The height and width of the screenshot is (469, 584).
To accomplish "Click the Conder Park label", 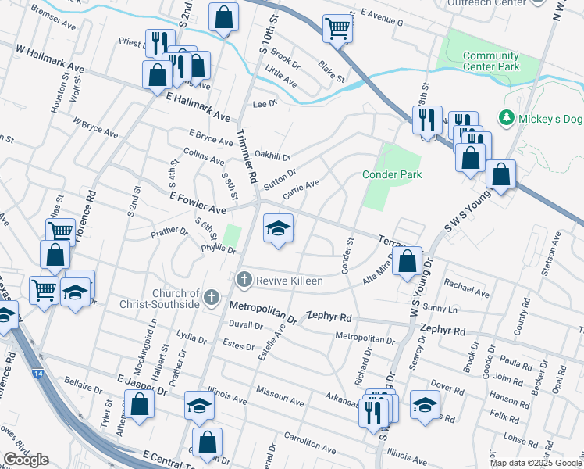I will click(x=392, y=174).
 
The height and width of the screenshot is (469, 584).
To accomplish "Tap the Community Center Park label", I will click(x=491, y=62).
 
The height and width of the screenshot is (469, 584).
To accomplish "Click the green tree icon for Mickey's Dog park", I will click(x=507, y=117).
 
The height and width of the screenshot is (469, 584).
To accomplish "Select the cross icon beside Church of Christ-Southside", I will click(x=211, y=297).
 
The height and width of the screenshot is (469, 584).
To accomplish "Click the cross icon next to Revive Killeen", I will click(x=244, y=279).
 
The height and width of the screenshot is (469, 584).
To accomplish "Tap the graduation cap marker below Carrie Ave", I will click(x=278, y=228).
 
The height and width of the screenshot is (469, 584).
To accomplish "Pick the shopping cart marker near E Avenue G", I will click(x=337, y=28).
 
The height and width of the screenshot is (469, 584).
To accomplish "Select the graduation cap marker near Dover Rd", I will click(x=425, y=405).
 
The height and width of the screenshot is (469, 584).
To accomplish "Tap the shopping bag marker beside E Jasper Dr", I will click(x=140, y=405).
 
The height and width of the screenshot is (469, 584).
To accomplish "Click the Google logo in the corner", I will click(x=26, y=460).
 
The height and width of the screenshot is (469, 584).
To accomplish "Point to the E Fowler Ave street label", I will click(x=198, y=205).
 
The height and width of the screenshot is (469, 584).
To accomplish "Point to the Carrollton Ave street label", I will click(x=309, y=443).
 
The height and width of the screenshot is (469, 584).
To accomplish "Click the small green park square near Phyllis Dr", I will click(x=231, y=234).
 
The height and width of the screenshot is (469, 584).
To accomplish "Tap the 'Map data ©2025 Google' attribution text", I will click(x=536, y=463).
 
